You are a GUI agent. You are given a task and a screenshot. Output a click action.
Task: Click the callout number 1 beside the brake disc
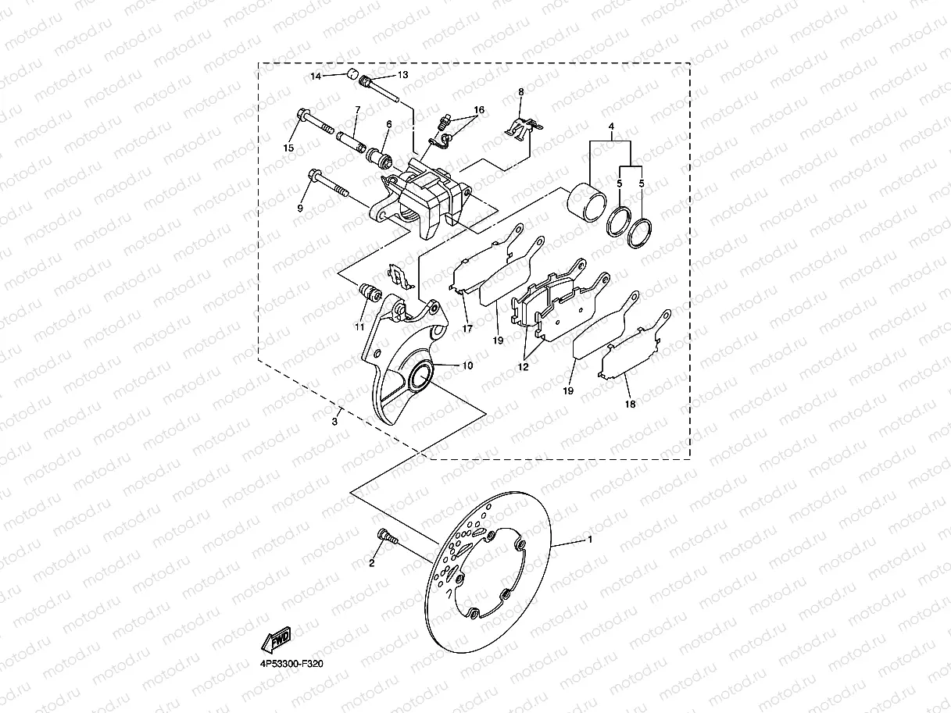[x=590, y=539]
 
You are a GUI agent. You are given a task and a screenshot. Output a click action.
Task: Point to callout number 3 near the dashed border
[x=334, y=422]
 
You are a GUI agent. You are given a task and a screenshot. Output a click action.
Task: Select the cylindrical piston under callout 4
[x=585, y=205]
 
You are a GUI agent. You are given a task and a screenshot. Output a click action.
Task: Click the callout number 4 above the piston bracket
[x=611, y=126]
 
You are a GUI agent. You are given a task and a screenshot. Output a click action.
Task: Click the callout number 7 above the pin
[x=357, y=110]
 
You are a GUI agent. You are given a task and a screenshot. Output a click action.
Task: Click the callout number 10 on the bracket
[x=467, y=365]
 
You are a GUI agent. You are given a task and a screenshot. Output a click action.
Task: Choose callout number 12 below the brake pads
[x=523, y=366]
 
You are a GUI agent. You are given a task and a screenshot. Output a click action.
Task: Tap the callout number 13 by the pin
[x=402, y=75]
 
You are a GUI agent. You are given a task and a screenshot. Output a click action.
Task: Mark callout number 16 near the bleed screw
[x=478, y=110]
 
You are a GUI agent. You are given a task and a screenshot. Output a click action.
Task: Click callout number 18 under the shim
[x=630, y=404]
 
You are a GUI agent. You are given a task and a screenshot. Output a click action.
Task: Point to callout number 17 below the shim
[x=467, y=329]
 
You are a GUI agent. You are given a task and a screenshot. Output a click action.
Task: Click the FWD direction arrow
[x=277, y=639]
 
